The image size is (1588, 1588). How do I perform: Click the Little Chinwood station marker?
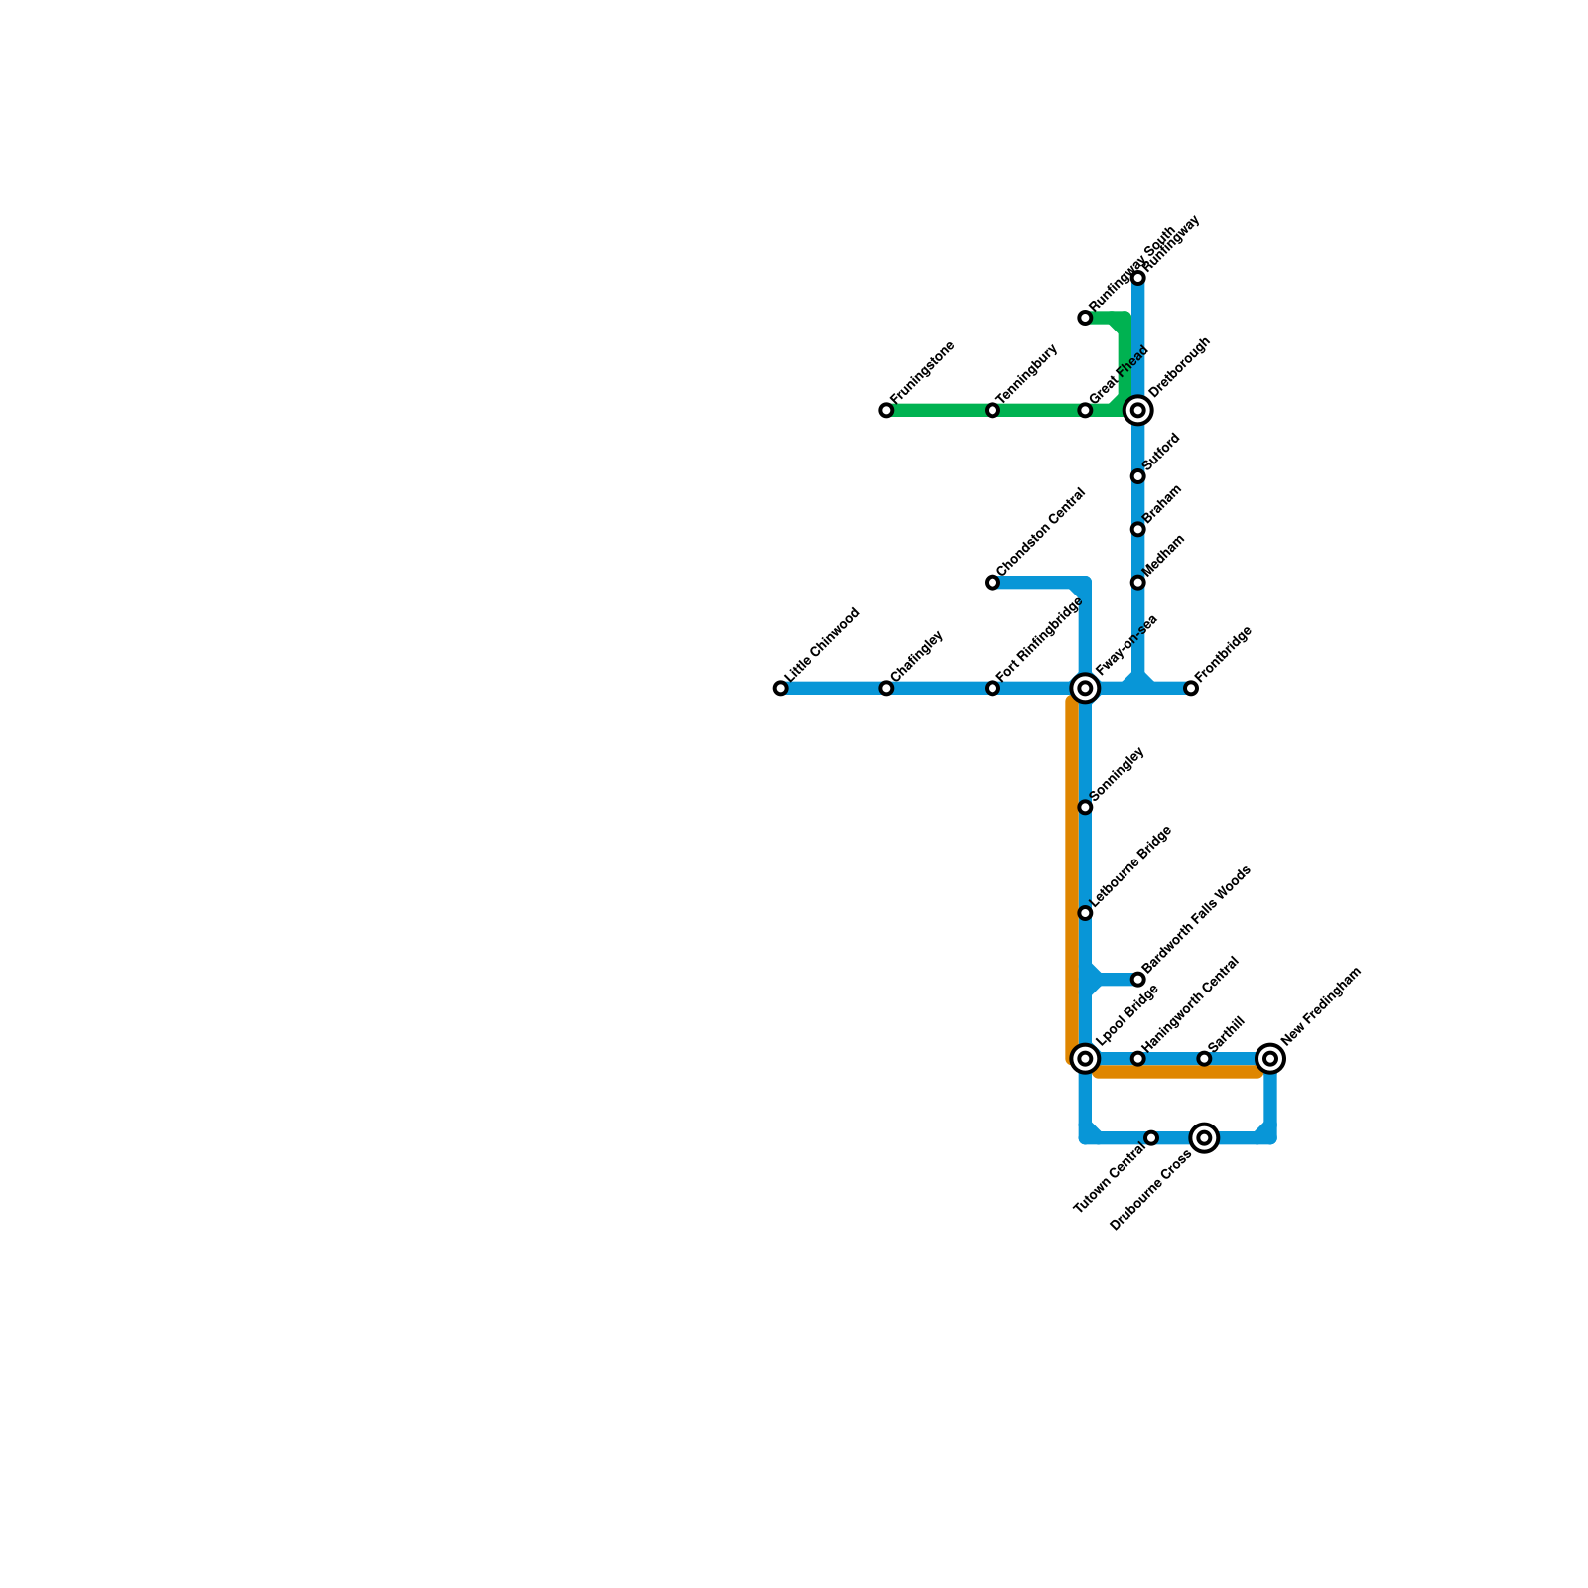click(781, 688)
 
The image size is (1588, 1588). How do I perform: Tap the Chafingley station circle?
click(886, 688)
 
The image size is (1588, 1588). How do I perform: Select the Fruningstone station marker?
click(886, 410)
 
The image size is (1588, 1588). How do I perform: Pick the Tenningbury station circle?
click(992, 410)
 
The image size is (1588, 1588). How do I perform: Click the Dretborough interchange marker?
click(1138, 410)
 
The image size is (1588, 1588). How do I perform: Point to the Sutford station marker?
click(1138, 476)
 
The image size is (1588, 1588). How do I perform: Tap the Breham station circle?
click(1138, 529)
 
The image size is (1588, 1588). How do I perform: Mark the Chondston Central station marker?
click(992, 583)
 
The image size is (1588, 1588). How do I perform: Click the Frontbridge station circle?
click(1191, 688)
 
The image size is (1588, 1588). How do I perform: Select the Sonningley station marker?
click(1086, 807)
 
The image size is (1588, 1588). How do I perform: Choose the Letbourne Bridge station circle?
click(1086, 913)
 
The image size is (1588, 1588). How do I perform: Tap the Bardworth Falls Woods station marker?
click(1138, 980)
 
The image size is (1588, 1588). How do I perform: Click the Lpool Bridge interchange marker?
click(1086, 1059)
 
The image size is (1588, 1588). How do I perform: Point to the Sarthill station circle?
click(1204, 1059)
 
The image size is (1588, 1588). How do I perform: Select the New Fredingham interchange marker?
click(1270, 1059)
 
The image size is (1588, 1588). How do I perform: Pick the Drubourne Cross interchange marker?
click(1205, 1138)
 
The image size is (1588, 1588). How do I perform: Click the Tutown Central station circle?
click(1151, 1138)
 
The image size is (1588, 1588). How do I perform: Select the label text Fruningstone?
click(923, 372)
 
